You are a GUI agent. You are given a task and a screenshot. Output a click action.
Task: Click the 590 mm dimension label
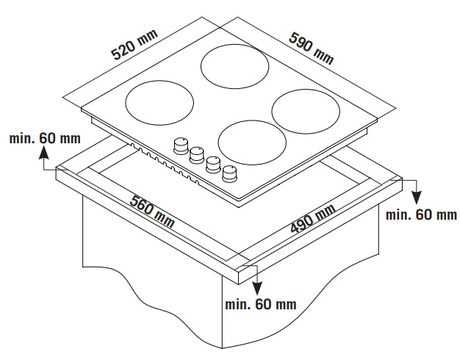tap(310, 45)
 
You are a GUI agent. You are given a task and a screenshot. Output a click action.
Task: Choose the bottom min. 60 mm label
tap(262, 303)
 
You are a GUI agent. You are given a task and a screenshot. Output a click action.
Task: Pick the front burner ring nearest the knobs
tap(251, 141)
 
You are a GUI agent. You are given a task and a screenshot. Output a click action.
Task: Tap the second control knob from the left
tap(197, 154)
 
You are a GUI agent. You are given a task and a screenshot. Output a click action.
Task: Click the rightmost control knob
tap(231, 172)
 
